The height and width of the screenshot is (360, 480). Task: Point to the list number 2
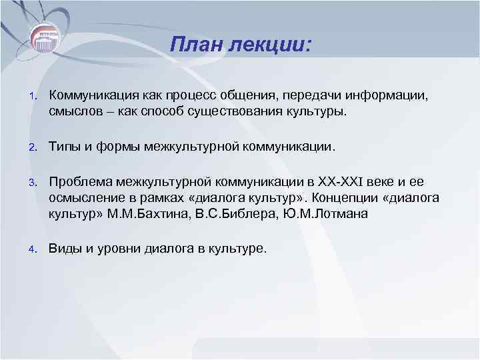tap(31, 146)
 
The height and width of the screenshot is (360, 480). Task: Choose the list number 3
tap(31, 182)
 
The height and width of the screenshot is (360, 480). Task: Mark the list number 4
tap(31, 249)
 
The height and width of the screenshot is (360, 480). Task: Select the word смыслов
tap(74, 111)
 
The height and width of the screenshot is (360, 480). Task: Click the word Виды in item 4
tap(65, 249)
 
